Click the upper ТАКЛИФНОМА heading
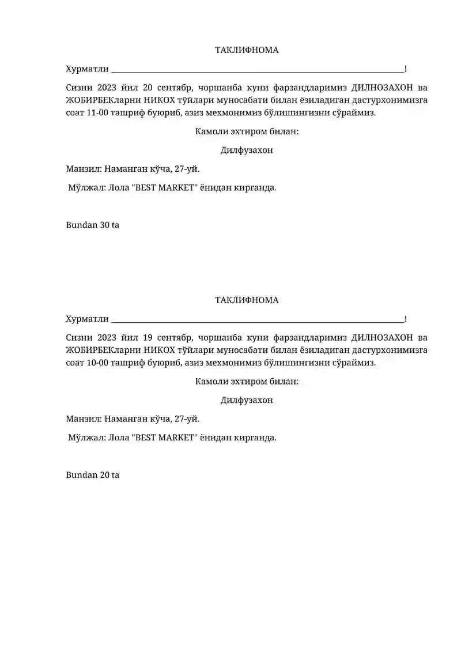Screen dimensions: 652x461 247,50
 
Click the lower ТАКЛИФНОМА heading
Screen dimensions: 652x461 247,300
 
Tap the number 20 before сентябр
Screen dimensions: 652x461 147,88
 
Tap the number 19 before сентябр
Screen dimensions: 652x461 147,337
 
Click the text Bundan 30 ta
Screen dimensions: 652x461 93,225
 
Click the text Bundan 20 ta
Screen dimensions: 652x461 93,475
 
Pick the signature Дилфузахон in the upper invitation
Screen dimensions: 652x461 247,150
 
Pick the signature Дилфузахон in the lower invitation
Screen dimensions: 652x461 247,400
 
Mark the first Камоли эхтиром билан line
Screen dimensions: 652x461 247,131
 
